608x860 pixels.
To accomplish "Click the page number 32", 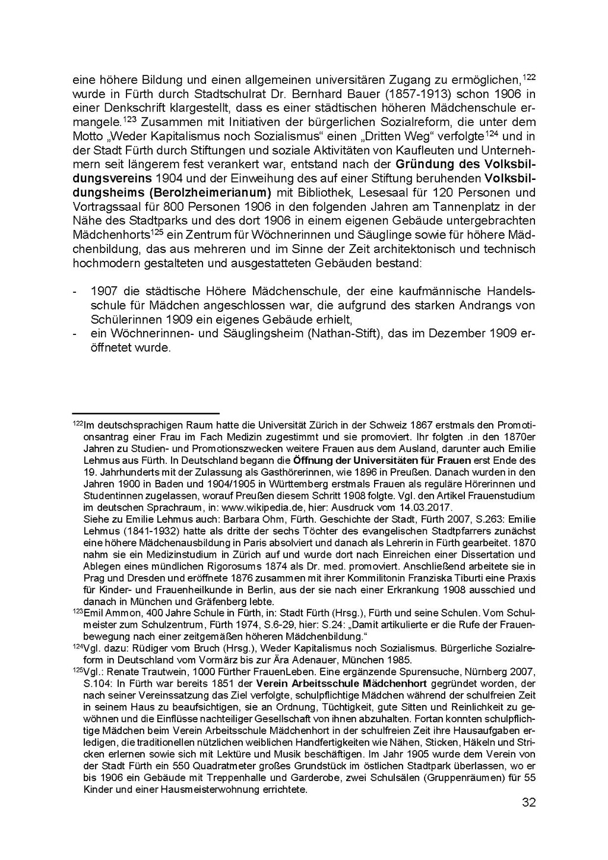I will pos(528,803).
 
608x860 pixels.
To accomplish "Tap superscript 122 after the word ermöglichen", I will pos(529,77).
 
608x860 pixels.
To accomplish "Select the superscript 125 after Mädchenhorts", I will pos(157,231).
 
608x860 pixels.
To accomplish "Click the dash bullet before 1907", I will pos(74,292).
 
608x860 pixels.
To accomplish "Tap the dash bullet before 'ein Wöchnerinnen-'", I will pos(74,334).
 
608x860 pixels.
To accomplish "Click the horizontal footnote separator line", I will pos(145,413).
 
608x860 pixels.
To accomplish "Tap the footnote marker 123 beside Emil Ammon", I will pos(77,611).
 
